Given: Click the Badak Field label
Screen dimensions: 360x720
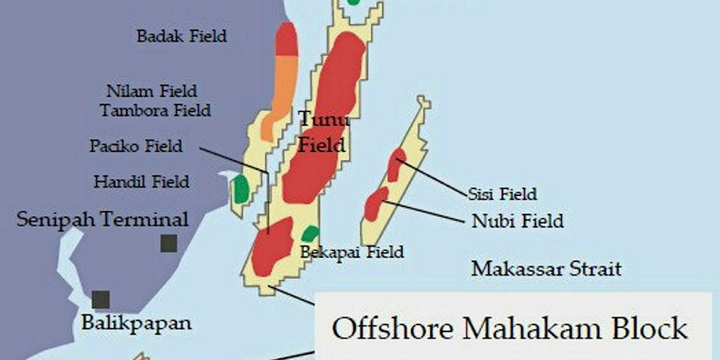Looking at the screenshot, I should (x=181, y=36).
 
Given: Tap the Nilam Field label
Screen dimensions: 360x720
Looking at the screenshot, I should (x=151, y=91).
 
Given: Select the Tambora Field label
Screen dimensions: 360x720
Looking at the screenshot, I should (x=155, y=111).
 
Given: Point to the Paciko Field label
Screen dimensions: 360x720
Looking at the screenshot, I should (x=136, y=146).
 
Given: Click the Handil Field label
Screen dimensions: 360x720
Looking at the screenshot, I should (x=141, y=182).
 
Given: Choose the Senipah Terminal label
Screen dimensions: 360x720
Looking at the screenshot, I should (x=102, y=219).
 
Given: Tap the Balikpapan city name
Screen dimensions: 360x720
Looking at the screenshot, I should (x=136, y=323).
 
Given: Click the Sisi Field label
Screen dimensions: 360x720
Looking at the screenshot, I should (x=502, y=194).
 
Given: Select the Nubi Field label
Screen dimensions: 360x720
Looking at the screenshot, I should (x=517, y=221).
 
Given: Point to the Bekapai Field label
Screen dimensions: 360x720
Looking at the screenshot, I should (x=352, y=252).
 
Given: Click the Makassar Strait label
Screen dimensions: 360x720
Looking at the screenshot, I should (x=546, y=269).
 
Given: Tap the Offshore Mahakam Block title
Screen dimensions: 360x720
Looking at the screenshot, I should (x=510, y=328).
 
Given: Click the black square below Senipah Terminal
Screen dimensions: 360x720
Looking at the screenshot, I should (x=169, y=243).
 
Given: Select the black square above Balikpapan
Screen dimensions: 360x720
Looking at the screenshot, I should (x=101, y=300).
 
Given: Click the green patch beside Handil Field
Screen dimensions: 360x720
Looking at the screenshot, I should (x=241, y=189).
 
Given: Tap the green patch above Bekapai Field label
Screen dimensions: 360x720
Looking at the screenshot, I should (x=310, y=233).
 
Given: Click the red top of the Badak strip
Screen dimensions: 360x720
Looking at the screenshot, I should (x=287, y=40).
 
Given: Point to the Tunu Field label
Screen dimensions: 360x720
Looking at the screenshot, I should (x=323, y=132).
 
